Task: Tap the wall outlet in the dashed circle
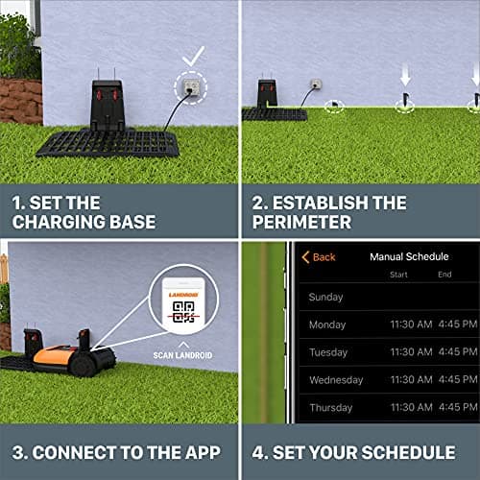pos(190,90)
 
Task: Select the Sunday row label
pos(326,298)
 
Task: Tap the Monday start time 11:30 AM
pos(411,325)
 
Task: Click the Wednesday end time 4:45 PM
pos(457,380)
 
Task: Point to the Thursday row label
pos(331,407)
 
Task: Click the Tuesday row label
pos(328,352)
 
